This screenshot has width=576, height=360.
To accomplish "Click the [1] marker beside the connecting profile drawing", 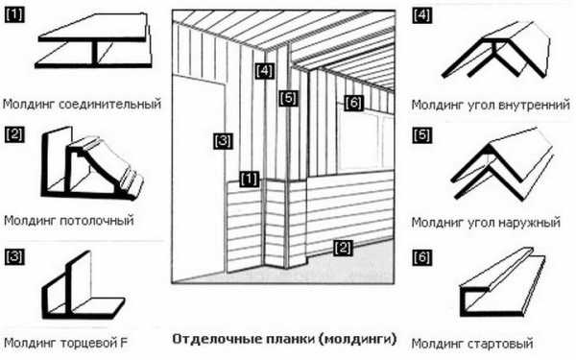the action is [x=14, y=15].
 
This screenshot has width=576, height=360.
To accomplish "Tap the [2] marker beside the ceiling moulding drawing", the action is [x=14, y=134].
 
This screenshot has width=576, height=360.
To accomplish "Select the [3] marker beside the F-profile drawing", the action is [x=14, y=256].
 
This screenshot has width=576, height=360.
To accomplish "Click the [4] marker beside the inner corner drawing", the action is [x=421, y=15].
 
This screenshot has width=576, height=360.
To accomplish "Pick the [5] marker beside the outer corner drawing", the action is [x=421, y=135].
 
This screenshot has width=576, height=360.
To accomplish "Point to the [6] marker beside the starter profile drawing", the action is [x=421, y=257].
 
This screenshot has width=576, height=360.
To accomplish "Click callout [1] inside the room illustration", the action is [x=250, y=179].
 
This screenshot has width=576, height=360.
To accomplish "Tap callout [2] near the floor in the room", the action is [x=343, y=248].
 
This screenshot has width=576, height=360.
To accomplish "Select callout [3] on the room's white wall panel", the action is [x=223, y=141].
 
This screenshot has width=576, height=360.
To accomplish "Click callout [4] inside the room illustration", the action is [x=265, y=70].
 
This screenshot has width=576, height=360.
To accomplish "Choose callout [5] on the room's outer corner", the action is [x=288, y=98].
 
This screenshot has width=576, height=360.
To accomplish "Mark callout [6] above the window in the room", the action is [x=353, y=103].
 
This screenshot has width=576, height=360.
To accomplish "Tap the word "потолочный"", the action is [x=97, y=221].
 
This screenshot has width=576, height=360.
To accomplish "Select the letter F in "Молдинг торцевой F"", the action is [x=124, y=343].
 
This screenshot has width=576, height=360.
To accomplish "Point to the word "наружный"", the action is [x=529, y=223].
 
